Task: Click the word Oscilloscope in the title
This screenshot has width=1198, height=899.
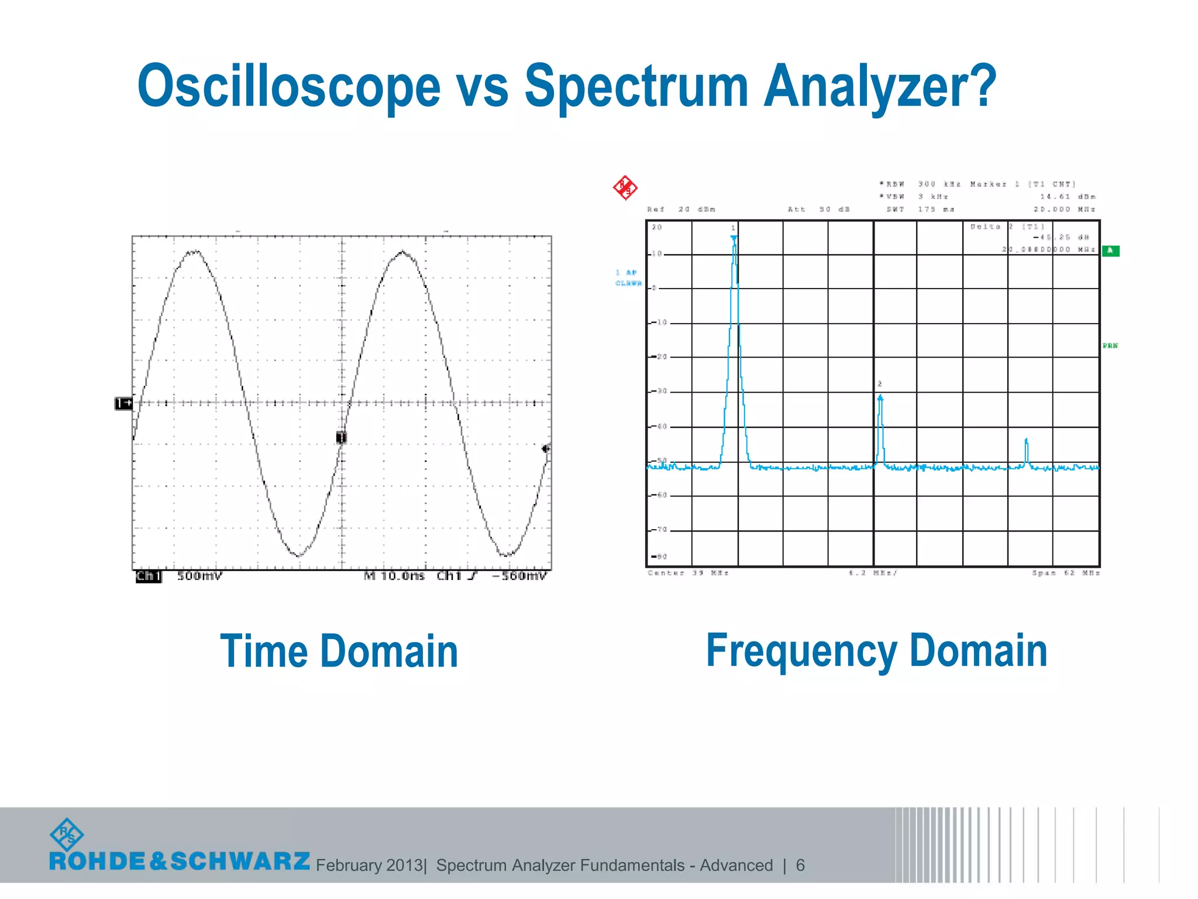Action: tap(288, 87)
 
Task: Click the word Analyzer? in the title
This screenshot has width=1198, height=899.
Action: tap(880, 87)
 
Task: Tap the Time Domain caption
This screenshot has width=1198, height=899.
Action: tap(339, 651)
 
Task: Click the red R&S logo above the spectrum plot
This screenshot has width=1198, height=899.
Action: tap(625, 188)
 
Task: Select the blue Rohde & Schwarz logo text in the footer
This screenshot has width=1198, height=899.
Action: tap(180, 861)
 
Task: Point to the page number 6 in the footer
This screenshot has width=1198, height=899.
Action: tap(800, 865)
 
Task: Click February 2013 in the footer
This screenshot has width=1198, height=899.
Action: tap(369, 865)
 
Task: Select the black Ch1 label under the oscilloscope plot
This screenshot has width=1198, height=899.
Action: tap(148, 577)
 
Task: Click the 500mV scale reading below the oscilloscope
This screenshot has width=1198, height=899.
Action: tap(199, 576)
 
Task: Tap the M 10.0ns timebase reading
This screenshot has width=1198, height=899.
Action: tap(394, 576)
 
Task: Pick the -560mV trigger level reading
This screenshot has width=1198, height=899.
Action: tap(519, 576)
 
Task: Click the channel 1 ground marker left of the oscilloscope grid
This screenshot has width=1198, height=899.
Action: tap(123, 403)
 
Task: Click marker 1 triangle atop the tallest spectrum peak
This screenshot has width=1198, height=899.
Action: tap(734, 238)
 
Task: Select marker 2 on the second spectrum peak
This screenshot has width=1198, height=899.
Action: tap(880, 398)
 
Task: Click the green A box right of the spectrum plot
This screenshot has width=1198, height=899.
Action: tap(1110, 251)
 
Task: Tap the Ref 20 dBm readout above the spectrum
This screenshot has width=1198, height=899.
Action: tap(681, 209)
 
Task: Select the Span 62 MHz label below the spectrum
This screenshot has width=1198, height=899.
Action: tap(1066, 573)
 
